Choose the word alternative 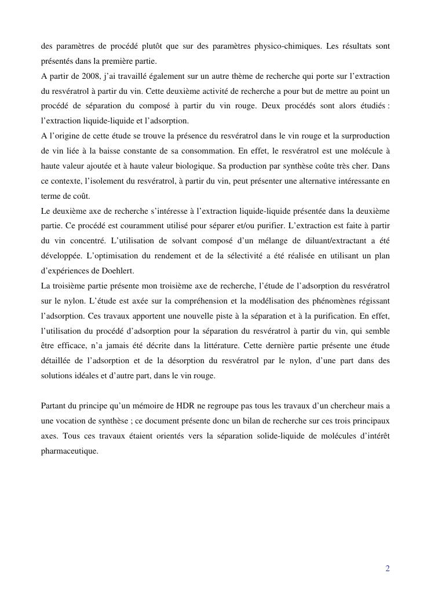(x=302, y=181)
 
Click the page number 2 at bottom (x=388, y=569)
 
